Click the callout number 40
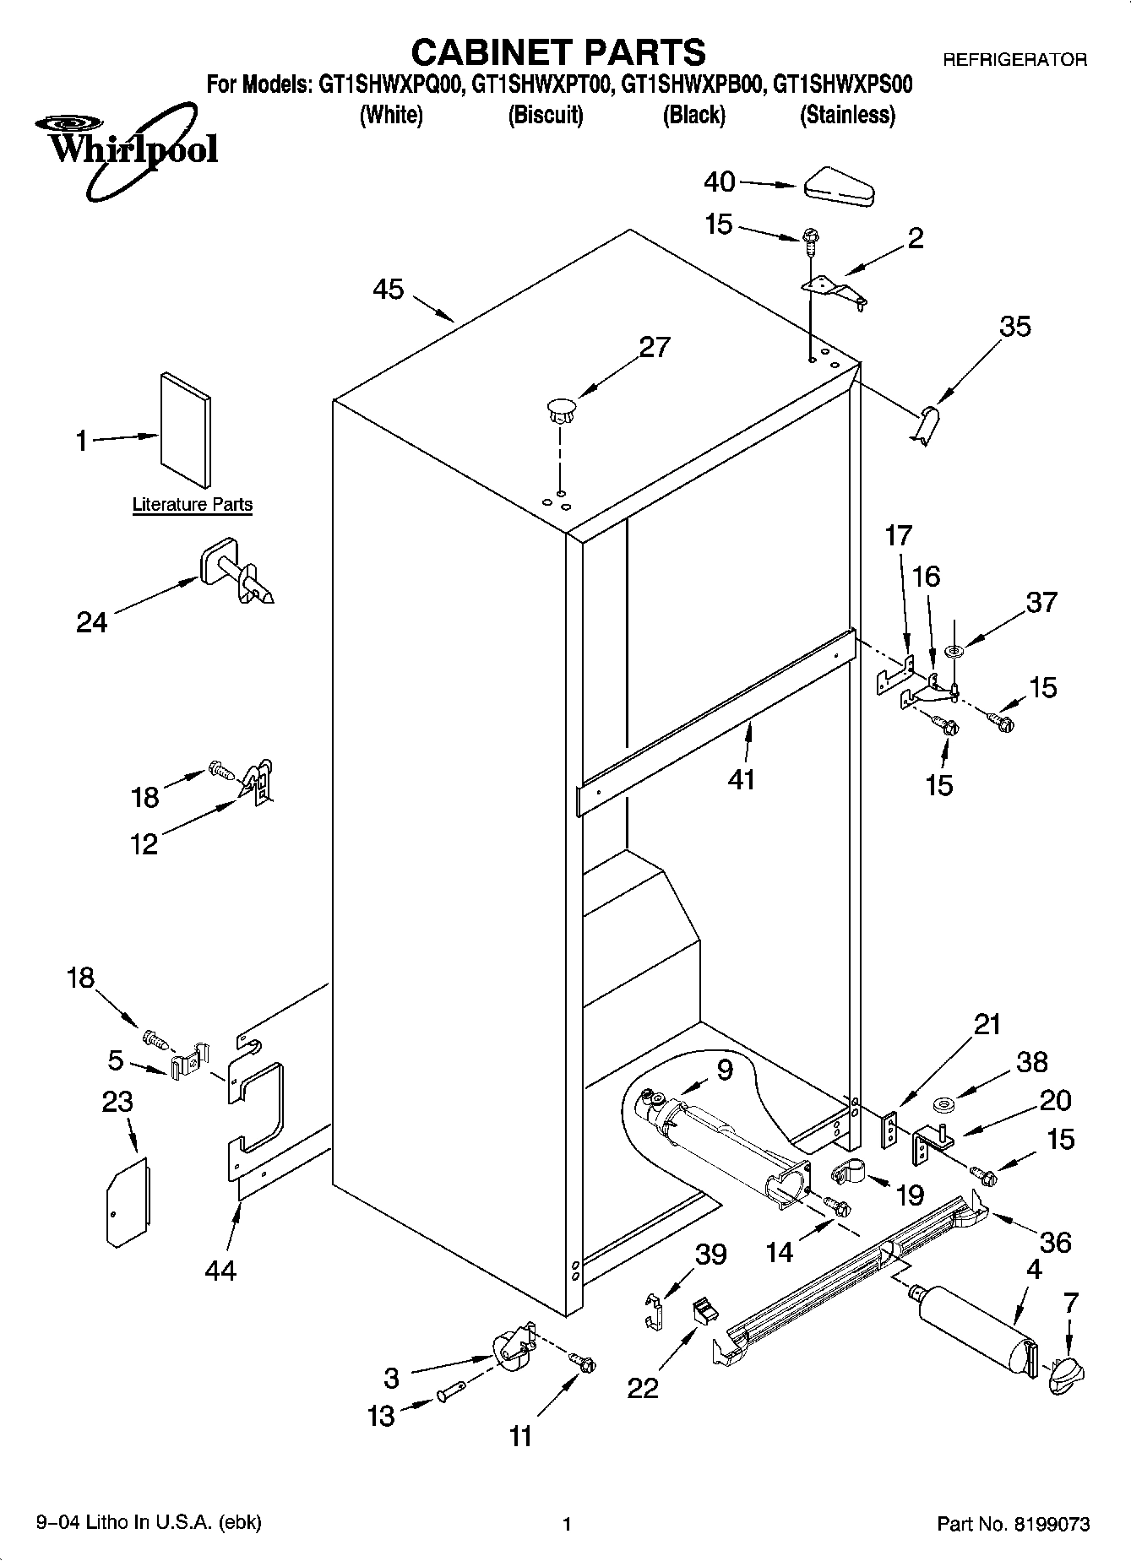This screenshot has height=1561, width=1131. point(720,182)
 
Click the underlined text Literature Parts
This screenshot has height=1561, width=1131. point(193,505)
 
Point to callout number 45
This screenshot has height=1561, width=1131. point(389,290)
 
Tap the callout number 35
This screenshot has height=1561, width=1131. point(1015,326)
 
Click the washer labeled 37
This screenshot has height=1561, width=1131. point(955,651)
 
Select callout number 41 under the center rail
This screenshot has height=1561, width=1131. point(742,779)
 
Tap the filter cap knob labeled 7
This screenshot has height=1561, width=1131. point(1066,1375)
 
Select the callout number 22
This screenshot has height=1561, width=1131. point(642,1388)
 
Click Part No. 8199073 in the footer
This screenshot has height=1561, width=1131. point(1013,1524)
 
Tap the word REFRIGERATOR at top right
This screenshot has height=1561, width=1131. point(1014,60)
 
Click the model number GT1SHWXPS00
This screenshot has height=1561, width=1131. point(843,84)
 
